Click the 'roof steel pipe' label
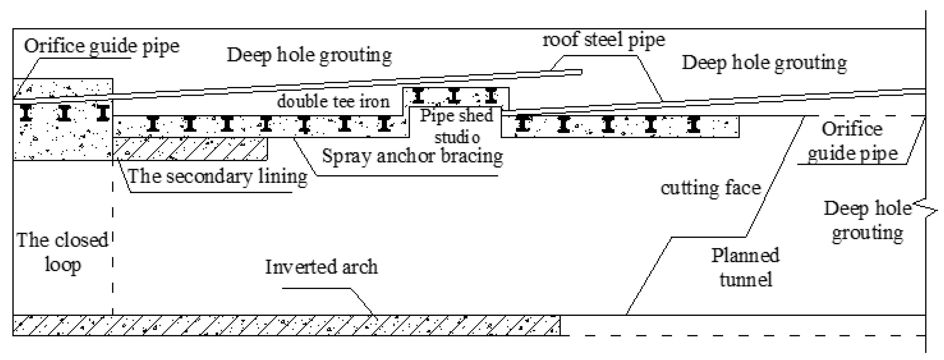(x=604, y=40)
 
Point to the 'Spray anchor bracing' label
(x=412, y=156)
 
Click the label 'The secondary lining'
(x=217, y=176)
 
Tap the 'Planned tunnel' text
(x=745, y=268)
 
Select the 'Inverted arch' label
(x=321, y=267)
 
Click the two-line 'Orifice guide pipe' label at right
(x=852, y=141)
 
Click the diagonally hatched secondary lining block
(x=190, y=149)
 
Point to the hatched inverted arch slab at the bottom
(x=286, y=325)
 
